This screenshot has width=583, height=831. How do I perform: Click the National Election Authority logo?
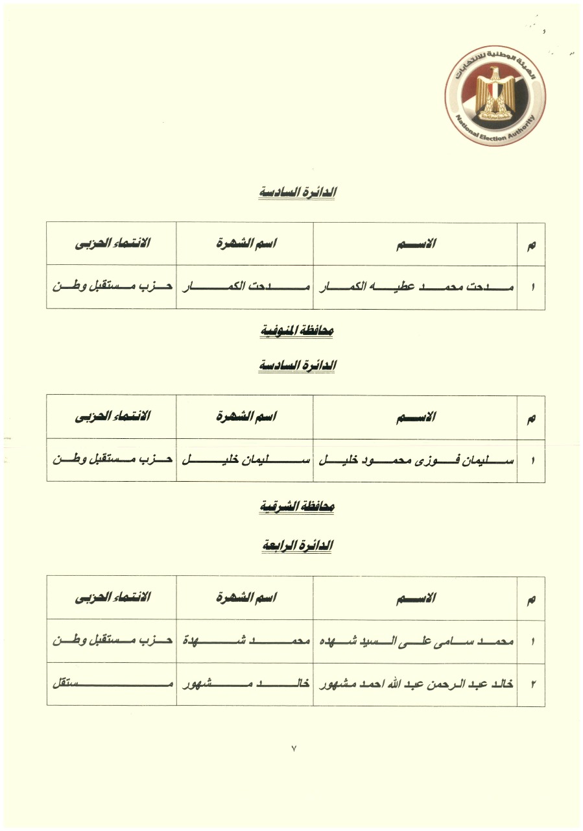pyautogui.click(x=495, y=95)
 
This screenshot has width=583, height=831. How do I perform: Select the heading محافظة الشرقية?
pyautogui.click(x=297, y=506)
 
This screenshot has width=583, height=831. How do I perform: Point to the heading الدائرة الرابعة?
pyautogui.click(x=297, y=546)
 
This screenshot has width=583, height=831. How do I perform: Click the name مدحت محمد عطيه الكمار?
pyautogui.click(x=416, y=286)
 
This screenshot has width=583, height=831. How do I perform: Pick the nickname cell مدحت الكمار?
pyautogui.click(x=244, y=286)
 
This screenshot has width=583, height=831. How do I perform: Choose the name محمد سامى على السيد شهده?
pyautogui.click(x=416, y=641)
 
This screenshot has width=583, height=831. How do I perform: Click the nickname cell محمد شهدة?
pyautogui.click(x=244, y=641)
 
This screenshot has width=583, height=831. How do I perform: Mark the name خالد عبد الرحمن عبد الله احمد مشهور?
pyautogui.click(x=416, y=684)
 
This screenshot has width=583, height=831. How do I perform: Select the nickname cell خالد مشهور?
pyautogui.click(x=244, y=684)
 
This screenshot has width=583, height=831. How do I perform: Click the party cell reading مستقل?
pyautogui.click(x=112, y=684)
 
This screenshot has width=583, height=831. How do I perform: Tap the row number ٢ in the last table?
pyautogui.click(x=532, y=684)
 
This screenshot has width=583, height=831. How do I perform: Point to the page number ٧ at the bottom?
pyautogui.click(x=294, y=749)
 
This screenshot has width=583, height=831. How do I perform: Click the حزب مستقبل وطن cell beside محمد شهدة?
pyautogui.click(x=112, y=641)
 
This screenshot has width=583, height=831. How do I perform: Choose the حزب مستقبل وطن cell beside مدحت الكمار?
pyautogui.click(x=112, y=286)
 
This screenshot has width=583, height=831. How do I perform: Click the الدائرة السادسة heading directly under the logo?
pyautogui.click(x=297, y=192)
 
